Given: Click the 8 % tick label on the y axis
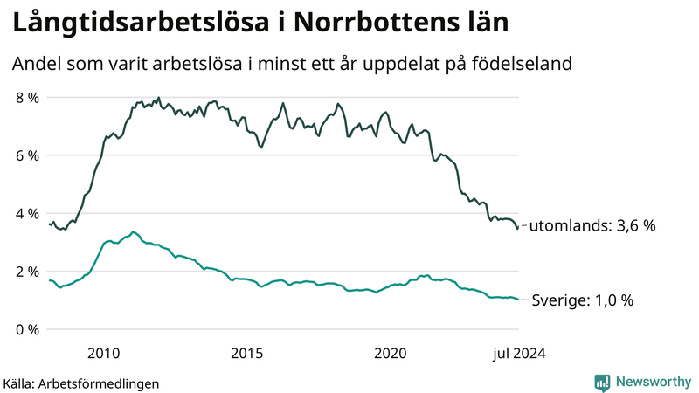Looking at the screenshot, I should [26, 98].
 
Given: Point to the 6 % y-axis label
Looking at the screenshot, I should [26, 155].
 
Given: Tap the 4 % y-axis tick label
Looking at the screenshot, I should [26, 214].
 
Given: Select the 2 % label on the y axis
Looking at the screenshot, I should [26, 272].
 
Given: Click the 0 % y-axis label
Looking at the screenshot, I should [26, 330].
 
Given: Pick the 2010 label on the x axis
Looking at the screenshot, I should [103, 353].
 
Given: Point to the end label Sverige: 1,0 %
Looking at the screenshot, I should [582, 300].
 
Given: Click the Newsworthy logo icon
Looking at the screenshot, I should [602, 382].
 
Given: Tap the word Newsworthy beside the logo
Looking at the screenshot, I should [654, 382].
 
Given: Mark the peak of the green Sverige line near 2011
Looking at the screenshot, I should [133, 232].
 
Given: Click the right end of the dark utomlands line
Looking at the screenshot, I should [518, 227].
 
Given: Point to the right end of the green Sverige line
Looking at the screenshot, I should [518, 300].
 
